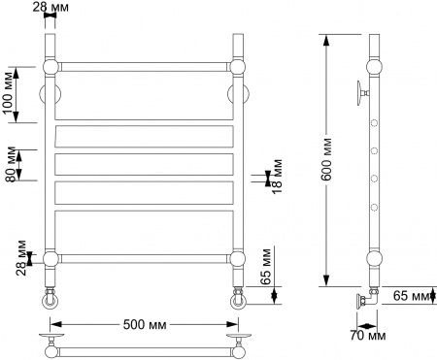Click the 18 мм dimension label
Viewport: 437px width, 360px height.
279,178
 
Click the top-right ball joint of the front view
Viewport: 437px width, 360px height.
235,67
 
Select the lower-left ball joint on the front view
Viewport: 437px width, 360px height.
51,258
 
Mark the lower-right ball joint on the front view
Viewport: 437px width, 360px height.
235,258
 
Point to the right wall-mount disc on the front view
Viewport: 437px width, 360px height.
236,95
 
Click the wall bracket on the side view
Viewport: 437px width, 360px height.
361,92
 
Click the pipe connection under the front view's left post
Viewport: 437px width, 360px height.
51,295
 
